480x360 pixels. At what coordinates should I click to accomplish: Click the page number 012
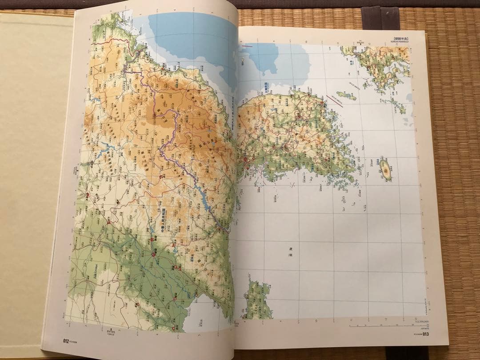point(66,341)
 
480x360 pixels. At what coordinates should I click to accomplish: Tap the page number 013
point(426,335)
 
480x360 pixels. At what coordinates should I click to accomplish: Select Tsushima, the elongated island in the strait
point(346,95)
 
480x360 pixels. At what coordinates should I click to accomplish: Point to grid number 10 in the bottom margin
point(316,321)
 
